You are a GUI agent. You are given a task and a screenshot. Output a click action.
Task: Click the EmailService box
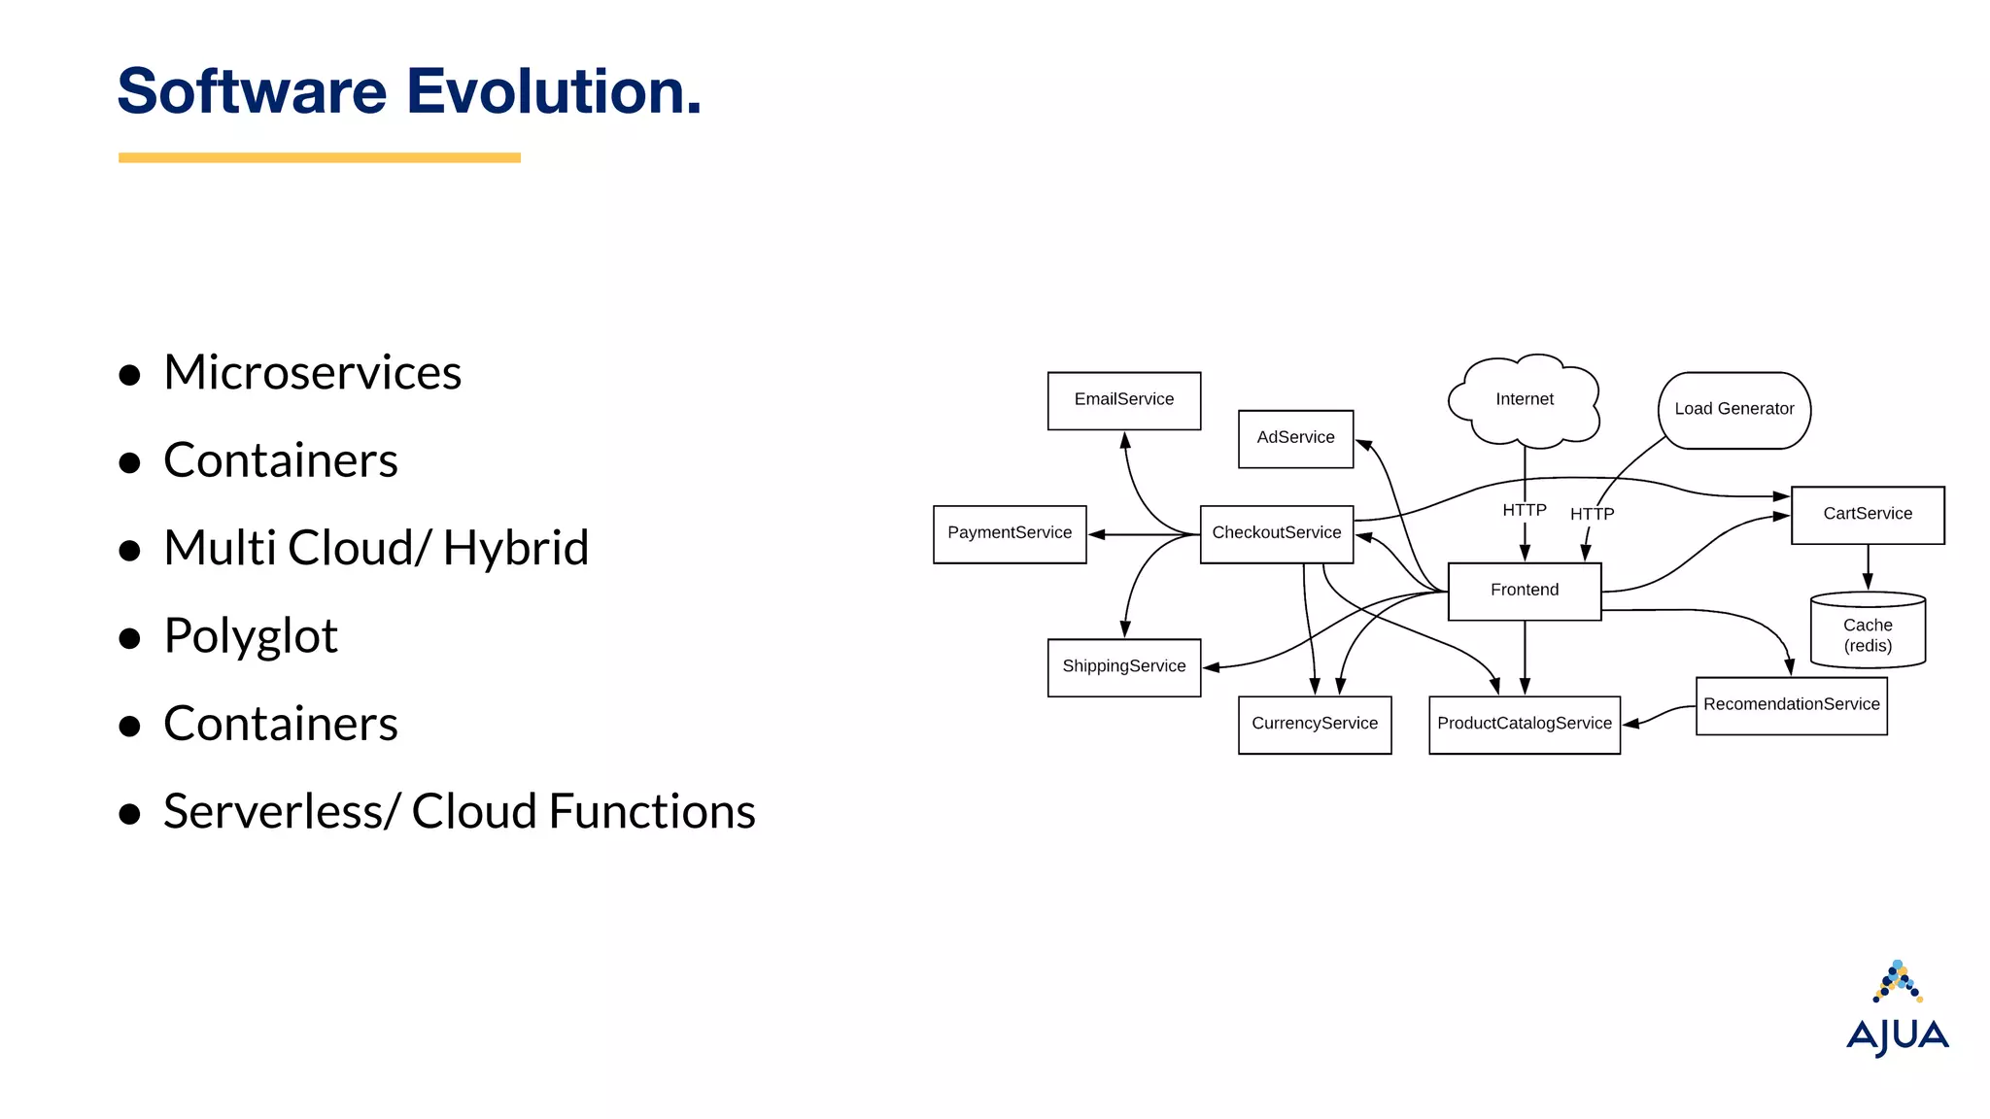[1123, 400]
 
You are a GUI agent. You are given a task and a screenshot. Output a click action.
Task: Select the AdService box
[1295, 438]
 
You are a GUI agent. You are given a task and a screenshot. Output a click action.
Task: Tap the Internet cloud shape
[1524, 400]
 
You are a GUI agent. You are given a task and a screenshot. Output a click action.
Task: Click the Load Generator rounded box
[1733, 410]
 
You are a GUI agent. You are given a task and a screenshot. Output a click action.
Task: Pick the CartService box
[1867, 515]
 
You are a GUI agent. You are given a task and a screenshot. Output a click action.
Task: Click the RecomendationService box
[1791, 705]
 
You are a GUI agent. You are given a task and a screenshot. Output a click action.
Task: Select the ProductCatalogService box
[1524, 725]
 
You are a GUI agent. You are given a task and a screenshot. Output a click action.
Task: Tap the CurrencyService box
[1314, 725]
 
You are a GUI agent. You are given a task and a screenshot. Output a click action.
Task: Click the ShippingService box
[1123, 667]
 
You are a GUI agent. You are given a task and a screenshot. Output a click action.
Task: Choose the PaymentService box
[1009, 533]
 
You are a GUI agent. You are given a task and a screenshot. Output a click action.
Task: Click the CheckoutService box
[1276, 533]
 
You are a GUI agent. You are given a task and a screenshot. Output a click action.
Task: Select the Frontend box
[1524, 591]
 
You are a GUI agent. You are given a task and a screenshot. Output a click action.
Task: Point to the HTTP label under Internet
[1524, 510]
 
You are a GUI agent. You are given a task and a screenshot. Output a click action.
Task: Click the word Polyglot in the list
[251, 636]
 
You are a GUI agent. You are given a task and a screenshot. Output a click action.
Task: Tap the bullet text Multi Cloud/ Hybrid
[376, 548]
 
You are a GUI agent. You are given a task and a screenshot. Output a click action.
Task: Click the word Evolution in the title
[552, 91]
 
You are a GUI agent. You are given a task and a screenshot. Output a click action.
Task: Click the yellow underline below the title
[319, 157]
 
